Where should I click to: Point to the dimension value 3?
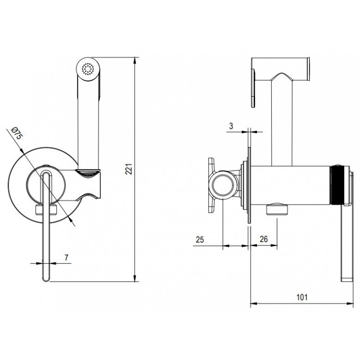(x=231, y=126)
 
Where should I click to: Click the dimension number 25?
(x=200, y=239)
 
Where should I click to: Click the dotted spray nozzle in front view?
(x=88, y=69)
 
